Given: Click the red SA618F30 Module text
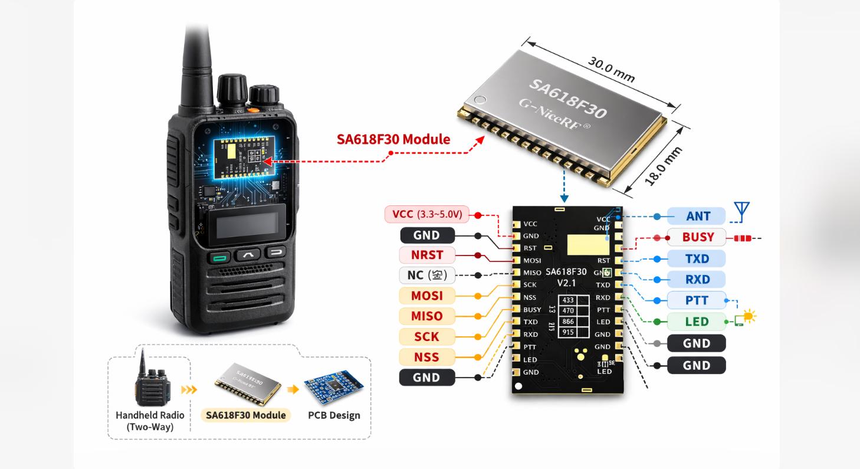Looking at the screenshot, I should tap(393, 139).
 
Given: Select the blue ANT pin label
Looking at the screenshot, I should tap(697, 216).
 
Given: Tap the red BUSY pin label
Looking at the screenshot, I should tap(697, 237).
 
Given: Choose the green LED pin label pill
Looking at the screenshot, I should tap(697, 322).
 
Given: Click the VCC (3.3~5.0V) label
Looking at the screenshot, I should tap(427, 214).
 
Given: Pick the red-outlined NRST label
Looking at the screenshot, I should tap(427, 255).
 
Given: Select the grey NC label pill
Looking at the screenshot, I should tap(427, 275).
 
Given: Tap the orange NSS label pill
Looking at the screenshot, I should tap(427, 356).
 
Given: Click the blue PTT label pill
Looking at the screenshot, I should tap(697, 300).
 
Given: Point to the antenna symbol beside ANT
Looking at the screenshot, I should tap(741, 211).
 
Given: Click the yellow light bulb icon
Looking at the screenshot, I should tap(749, 317).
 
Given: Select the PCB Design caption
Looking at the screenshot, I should tap(334, 415).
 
